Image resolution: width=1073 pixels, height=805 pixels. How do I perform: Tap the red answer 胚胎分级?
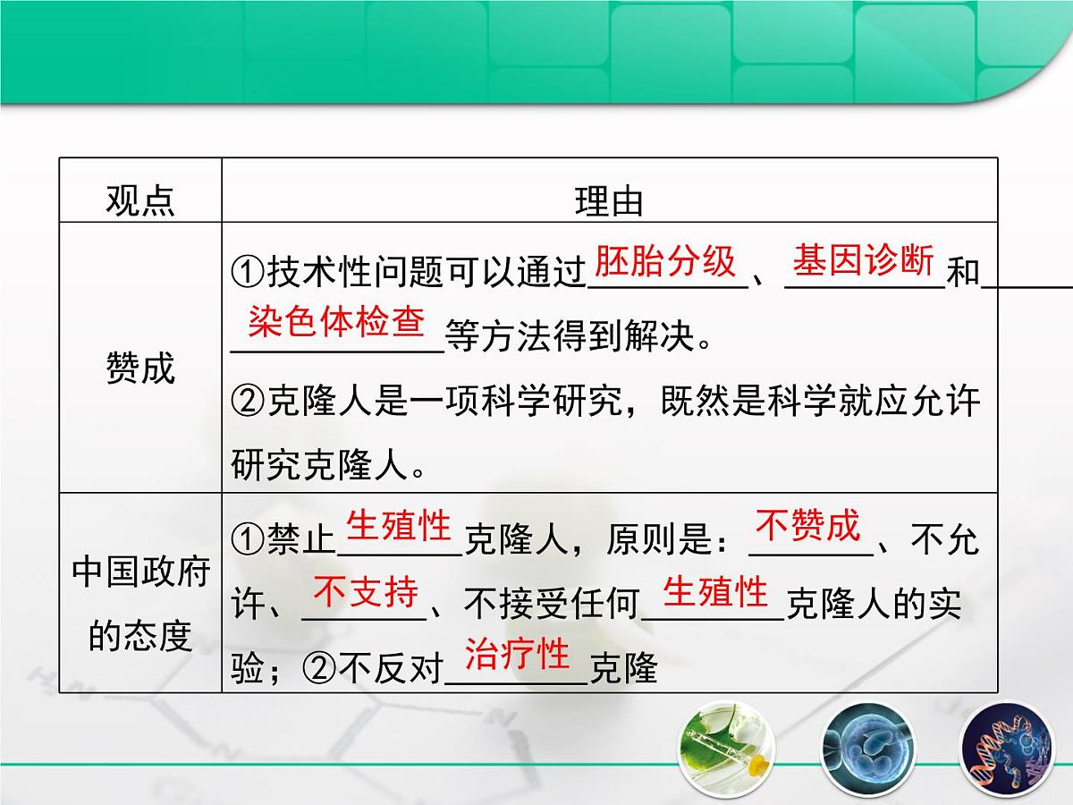click(x=665, y=262)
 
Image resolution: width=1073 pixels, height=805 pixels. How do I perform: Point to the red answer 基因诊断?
click(x=863, y=262)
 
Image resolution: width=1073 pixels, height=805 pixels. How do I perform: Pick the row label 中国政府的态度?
click(x=140, y=604)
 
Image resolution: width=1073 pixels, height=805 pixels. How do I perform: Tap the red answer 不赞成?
click(x=807, y=525)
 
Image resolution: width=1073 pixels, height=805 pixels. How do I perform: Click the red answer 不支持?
click(x=366, y=592)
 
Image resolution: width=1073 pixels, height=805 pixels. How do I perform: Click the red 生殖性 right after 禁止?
click(x=399, y=526)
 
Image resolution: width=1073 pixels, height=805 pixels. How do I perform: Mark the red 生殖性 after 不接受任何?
click(x=715, y=592)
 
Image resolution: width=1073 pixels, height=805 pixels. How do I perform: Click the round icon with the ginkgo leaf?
click(x=724, y=750)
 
